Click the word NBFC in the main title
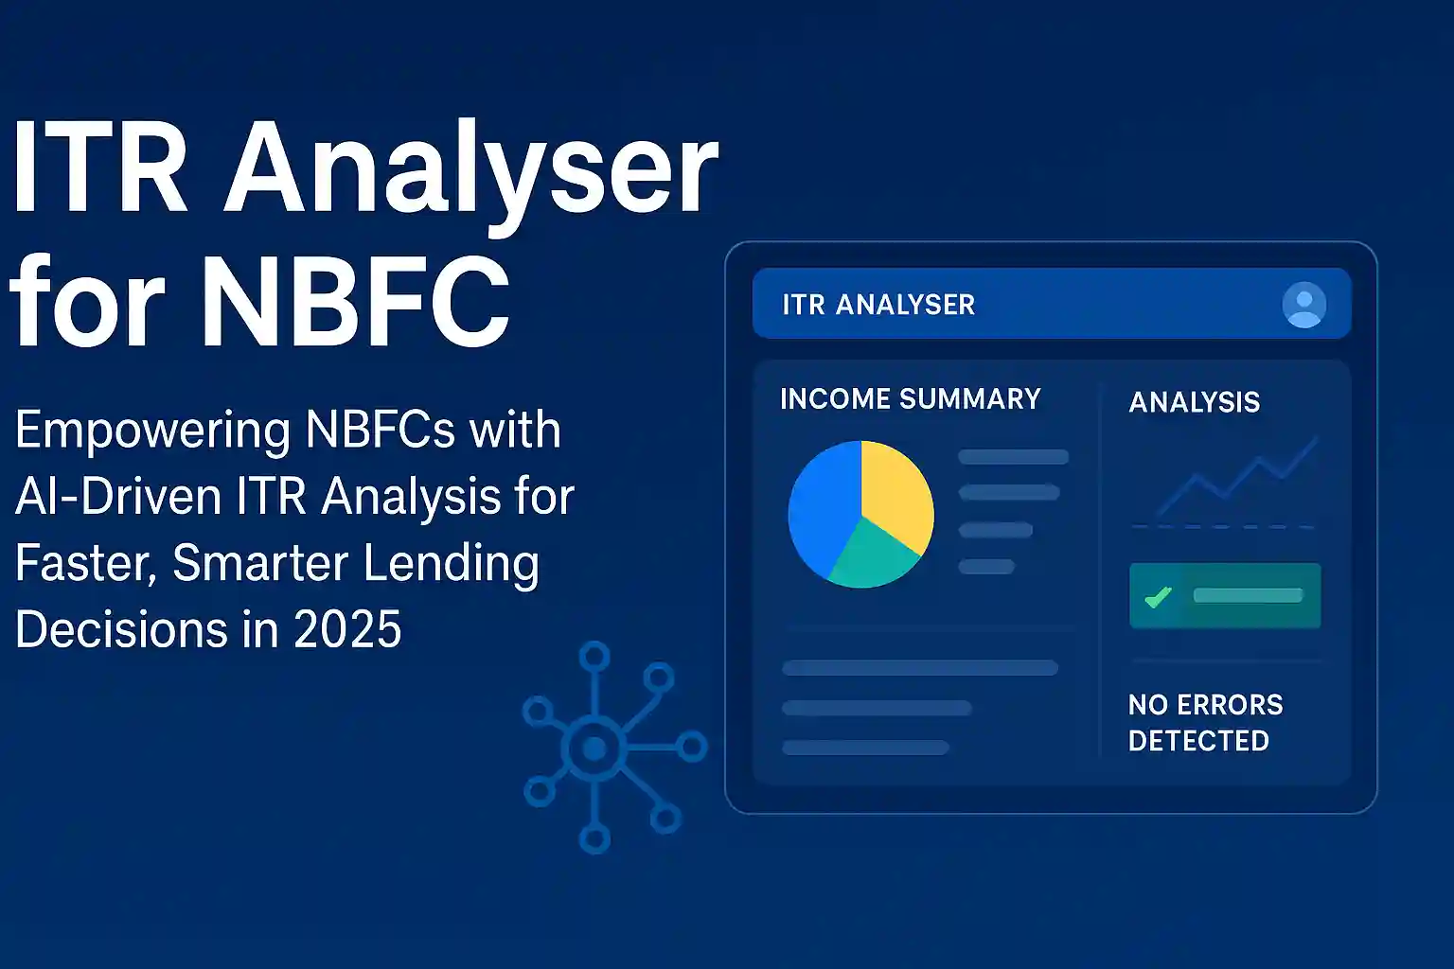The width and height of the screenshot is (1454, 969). click(355, 302)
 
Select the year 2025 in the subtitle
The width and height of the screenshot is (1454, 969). click(347, 629)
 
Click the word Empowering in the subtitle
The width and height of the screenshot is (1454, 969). click(152, 431)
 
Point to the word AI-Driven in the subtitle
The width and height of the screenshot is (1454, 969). click(118, 497)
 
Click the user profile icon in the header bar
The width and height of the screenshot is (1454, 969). click(1303, 305)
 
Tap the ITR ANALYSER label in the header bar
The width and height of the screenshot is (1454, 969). click(878, 305)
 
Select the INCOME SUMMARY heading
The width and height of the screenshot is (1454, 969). click(910, 399)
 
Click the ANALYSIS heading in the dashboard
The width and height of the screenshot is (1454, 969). click(1194, 402)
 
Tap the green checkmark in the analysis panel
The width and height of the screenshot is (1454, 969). click(1157, 597)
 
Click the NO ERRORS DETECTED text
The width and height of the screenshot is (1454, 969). click(1204, 723)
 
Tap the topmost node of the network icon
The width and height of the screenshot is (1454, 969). click(594, 656)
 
